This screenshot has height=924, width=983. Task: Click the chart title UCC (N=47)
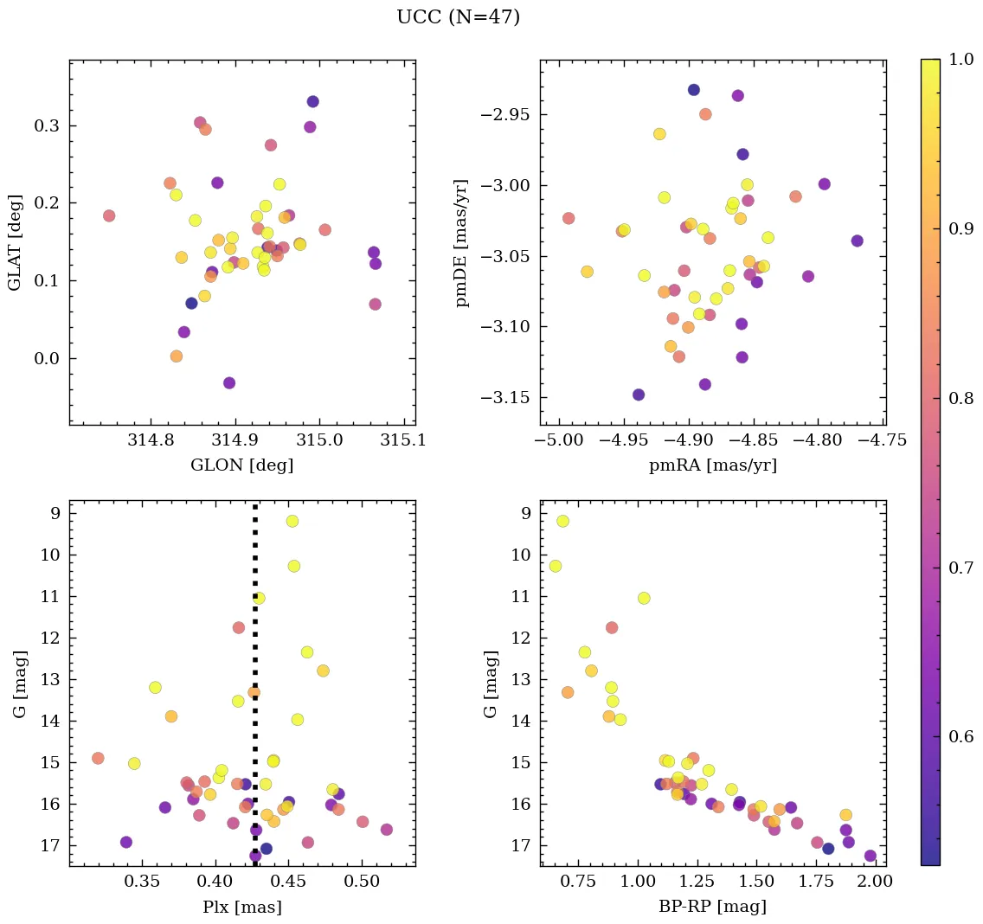pyautogui.click(x=458, y=17)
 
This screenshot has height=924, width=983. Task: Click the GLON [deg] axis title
pyautogui.click(x=241, y=465)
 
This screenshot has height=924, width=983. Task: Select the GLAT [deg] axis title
pyautogui.click(x=15, y=241)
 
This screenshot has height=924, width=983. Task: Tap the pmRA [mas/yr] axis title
pyautogui.click(x=712, y=465)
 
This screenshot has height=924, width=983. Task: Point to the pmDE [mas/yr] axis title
pyautogui.click(x=462, y=241)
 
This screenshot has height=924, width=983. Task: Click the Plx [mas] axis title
pyautogui.click(x=241, y=907)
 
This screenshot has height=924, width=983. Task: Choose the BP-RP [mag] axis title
pyautogui.click(x=712, y=907)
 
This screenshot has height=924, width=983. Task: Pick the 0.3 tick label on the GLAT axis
pyautogui.click(x=48, y=126)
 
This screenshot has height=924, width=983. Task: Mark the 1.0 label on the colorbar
pyautogui.click(x=961, y=59)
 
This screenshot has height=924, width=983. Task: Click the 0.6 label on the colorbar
pyautogui.click(x=961, y=736)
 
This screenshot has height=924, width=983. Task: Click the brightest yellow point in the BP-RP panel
pyautogui.click(x=562, y=521)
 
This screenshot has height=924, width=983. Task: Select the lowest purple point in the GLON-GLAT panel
pyautogui.click(x=229, y=382)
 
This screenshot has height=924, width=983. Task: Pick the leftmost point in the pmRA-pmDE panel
pyautogui.click(x=568, y=218)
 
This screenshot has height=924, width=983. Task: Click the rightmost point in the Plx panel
pyautogui.click(x=386, y=829)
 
